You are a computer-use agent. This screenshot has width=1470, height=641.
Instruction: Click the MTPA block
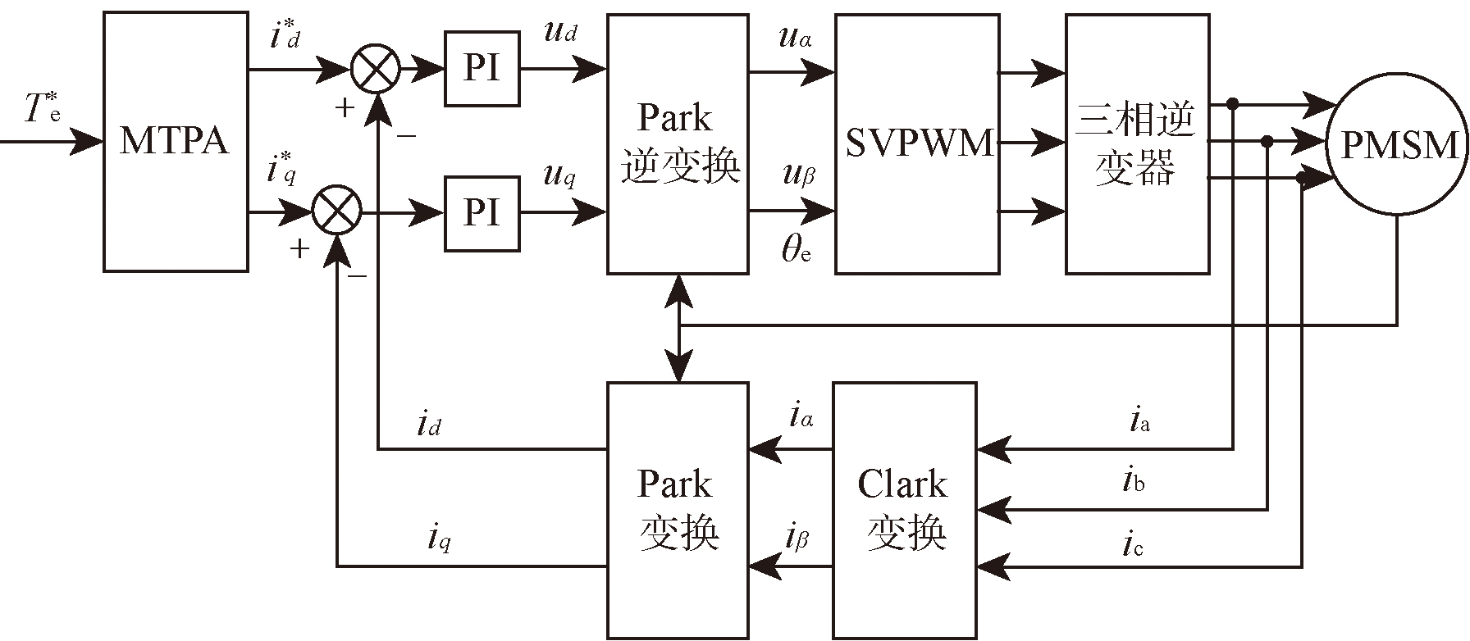coord(176,141)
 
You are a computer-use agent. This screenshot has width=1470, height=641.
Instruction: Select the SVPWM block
coord(917,143)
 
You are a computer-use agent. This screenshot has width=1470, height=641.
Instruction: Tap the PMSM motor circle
coord(1398,146)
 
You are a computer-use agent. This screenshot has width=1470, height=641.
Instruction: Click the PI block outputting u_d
coord(482,69)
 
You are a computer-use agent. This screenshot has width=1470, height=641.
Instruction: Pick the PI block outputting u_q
coord(482,213)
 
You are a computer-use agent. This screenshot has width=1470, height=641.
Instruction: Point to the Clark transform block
coord(905,510)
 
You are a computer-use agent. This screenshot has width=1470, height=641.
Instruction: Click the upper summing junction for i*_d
coord(376,69)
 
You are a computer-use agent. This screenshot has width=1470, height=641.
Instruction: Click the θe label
coord(796,249)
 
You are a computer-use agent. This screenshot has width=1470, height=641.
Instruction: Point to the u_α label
coord(795,37)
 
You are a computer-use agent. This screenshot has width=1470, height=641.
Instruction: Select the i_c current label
coord(1133,544)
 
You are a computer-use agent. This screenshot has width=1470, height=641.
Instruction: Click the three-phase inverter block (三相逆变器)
coord(1136,143)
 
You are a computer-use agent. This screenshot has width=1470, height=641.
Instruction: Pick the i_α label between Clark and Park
coord(801,416)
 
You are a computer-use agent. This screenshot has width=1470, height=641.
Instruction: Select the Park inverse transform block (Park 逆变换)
coord(678,143)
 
